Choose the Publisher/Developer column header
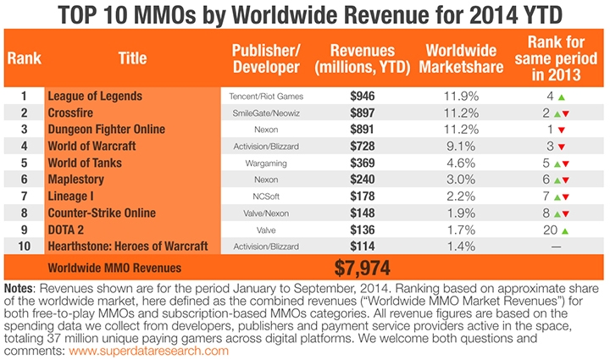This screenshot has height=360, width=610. coord(266,58)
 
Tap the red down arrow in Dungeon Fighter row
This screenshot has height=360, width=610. coord(560,129)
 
